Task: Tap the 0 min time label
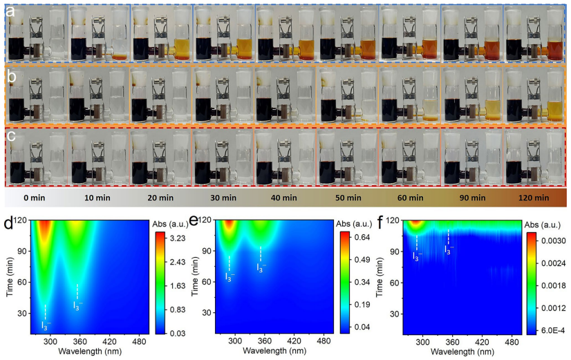tap(35, 198)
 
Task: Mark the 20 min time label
tap(160, 198)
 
